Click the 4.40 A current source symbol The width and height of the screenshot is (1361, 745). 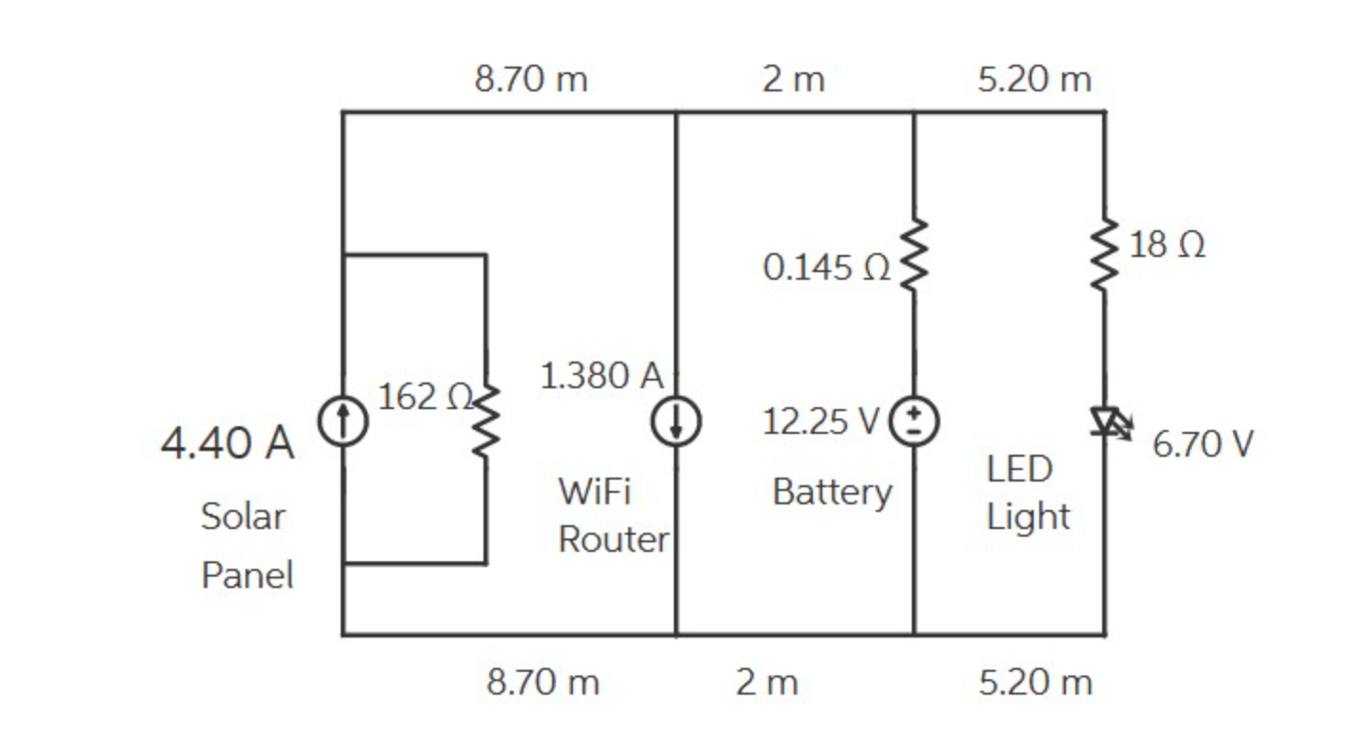(x=343, y=422)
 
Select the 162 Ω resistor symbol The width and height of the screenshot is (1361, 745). (x=486, y=422)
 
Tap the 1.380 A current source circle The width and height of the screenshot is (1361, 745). (x=676, y=422)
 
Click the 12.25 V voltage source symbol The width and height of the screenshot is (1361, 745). (x=914, y=420)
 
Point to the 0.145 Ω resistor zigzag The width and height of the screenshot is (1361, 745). (x=914, y=254)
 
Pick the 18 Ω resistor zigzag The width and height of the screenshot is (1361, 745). (x=1105, y=254)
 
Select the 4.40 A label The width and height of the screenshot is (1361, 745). (x=227, y=443)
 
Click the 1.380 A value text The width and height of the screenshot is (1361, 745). (x=602, y=376)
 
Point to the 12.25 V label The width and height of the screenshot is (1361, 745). (x=820, y=421)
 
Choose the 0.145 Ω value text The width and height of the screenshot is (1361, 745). (x=826, y=268)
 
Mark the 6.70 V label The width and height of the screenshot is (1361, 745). (x=1203, y=443)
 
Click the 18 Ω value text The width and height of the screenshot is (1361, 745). (x=1167, y=245)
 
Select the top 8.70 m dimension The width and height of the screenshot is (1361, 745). (x=531, y=79)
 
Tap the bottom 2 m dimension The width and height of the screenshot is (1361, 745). (x=766, y=682)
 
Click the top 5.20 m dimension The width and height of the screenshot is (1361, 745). (x=1034, y=79)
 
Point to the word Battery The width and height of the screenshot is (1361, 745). (x=832, y=492)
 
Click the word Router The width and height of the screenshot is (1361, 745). (x=613, y=539)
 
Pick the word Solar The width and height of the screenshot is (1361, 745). (x=243, y=517)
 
